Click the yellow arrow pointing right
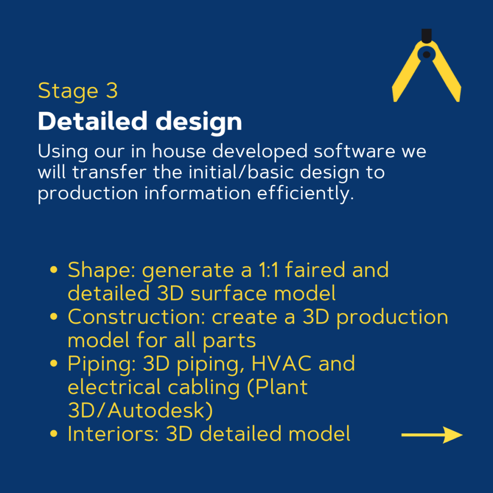tap(432, 435)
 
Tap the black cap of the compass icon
tap(427, 36)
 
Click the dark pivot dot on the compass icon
tap(427, 55)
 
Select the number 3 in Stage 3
tap(112, 91)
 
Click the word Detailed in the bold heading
tap(92, 121)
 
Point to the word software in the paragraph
tap(354, 151)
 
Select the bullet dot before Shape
tap(54, 270)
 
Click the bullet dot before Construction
tap(54, 316)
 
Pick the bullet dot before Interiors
tap(54, 434)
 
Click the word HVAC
tap(281, 363)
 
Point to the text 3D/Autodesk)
tap(141, 410)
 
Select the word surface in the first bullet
tap(229, 293)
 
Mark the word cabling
tap(204, 388)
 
